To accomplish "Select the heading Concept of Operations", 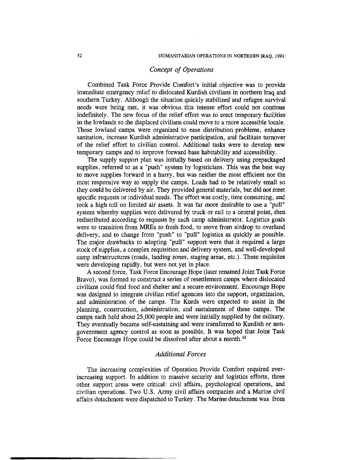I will click(181, 69).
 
